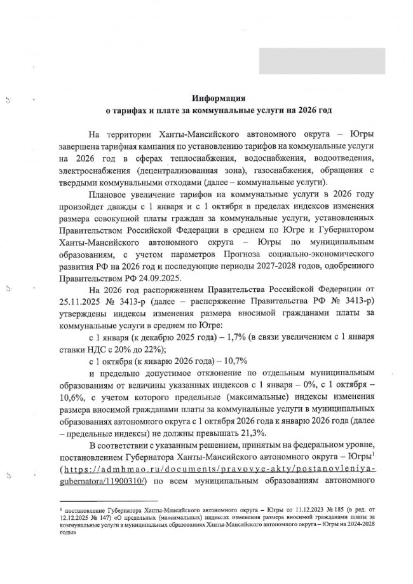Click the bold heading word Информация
click(219, 98)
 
